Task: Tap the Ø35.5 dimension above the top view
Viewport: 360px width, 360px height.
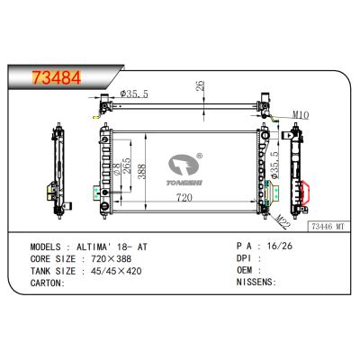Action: [x=133, y=93]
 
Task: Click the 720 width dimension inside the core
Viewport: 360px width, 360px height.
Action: [x=184, y=197]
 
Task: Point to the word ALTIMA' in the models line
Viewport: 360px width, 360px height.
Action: [x=94, y=245]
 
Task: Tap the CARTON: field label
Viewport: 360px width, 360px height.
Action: [x=49, y=283]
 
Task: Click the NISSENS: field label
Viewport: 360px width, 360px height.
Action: [x=255, y=283]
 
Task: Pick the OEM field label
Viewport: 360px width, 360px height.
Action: [x=246, y=270]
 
